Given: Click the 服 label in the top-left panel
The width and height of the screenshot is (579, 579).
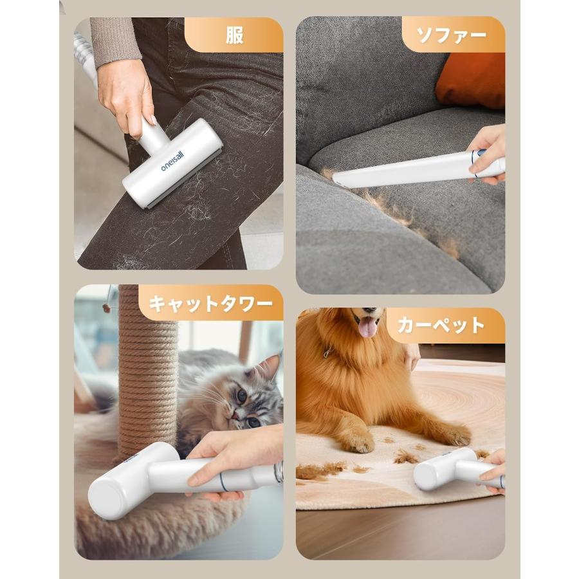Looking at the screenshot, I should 234,35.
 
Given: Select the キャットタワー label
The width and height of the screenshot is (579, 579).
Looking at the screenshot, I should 211,303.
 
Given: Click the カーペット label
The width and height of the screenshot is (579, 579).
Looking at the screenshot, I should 441,325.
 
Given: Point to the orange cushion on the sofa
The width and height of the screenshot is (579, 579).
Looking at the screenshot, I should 472,81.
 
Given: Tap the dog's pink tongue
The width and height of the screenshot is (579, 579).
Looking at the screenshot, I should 368,327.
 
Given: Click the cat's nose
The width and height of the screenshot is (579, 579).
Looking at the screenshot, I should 237,417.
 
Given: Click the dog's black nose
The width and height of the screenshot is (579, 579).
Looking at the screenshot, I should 374,311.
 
